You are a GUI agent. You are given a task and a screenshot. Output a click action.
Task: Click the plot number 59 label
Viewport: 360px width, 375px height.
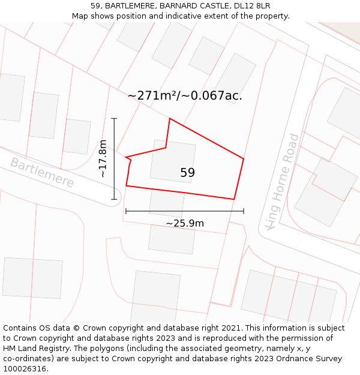[187, 173]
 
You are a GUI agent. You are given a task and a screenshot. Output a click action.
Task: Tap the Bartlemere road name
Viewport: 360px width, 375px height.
[42, 173]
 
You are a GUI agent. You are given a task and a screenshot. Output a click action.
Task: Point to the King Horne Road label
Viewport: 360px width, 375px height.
[282, 181]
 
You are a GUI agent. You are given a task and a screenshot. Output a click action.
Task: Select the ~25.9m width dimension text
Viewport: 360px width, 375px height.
[185, 224]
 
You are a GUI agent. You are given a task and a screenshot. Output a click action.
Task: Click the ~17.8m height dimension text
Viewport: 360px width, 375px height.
[103, 158]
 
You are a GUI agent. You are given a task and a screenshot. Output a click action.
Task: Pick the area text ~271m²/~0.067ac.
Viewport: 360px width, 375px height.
[185, 95]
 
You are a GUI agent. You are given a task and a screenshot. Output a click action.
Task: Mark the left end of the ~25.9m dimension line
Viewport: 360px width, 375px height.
[125, 211]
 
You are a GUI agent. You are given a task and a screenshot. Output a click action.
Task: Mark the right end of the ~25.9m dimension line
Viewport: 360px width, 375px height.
[244, 211]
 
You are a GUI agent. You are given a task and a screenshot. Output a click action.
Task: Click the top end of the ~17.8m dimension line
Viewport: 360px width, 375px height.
[113, 118]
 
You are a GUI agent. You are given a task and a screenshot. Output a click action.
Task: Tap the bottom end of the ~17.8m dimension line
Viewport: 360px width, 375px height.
[113, 199]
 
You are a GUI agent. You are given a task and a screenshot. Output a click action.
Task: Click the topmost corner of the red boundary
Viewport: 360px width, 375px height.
[170, 118]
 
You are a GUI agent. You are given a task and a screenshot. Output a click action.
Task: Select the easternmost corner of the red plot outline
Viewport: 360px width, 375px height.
[244, 158]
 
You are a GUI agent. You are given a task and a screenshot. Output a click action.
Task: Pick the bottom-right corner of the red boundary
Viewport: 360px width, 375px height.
[234, 199]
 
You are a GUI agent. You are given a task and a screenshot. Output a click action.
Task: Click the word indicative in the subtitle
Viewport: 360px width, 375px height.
[188, 16]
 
